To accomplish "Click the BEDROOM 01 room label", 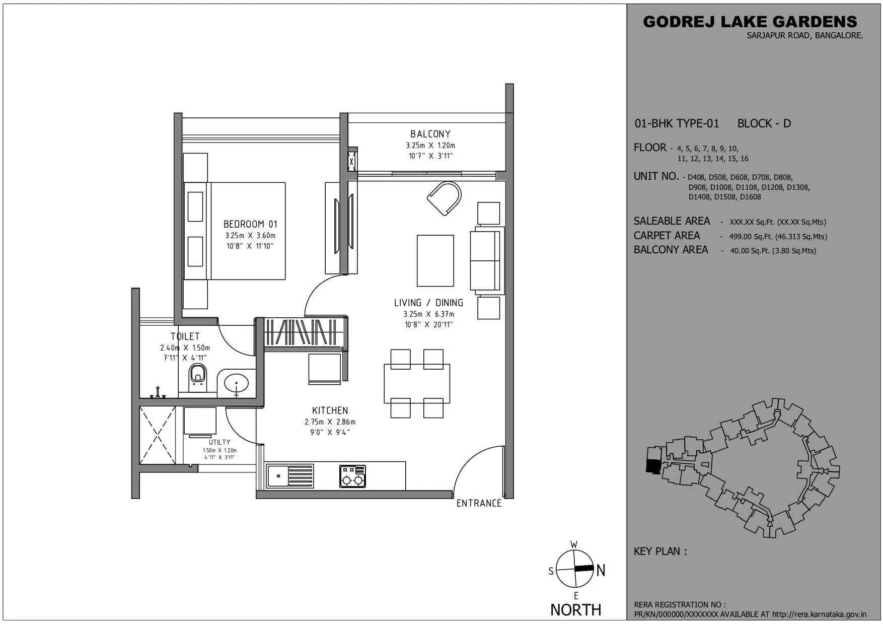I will coord(250,224).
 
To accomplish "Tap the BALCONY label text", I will coord(430,134).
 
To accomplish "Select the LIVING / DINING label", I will coord(428,303).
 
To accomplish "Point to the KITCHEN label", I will coord(330,410).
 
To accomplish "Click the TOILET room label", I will coord(185,336).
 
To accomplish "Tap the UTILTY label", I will coord(219,442).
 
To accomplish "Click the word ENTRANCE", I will coord(479,503).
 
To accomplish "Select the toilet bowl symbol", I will coord(197,376).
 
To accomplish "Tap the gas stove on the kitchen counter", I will coord(352,476).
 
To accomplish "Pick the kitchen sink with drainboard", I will coord(290,476).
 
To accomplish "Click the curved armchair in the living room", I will coord(445,198).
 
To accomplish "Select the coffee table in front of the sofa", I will coord(435,260).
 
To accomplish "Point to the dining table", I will coord(417,383).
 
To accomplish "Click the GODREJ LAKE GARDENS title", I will coord(750,22).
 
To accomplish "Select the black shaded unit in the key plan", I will coord(652,466).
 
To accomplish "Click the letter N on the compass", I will coord(601,570).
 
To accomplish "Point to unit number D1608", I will coord(750,197).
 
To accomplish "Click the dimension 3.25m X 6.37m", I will coord(428,314).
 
